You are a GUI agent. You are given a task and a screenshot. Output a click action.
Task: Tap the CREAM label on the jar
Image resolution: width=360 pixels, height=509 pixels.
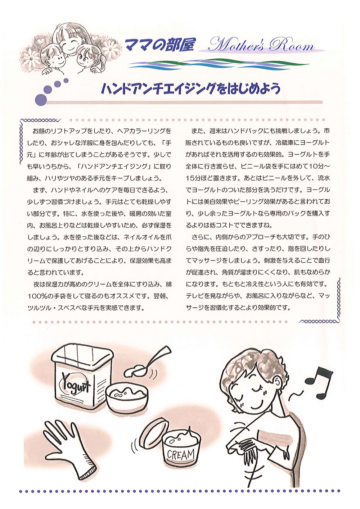[181, 454]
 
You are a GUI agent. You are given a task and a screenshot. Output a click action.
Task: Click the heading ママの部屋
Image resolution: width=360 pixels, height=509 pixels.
[159, 45]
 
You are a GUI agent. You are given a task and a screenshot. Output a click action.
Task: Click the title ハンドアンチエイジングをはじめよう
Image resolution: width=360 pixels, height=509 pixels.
[190, 89]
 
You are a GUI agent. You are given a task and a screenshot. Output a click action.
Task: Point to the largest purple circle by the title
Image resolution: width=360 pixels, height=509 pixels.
[41, 100]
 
